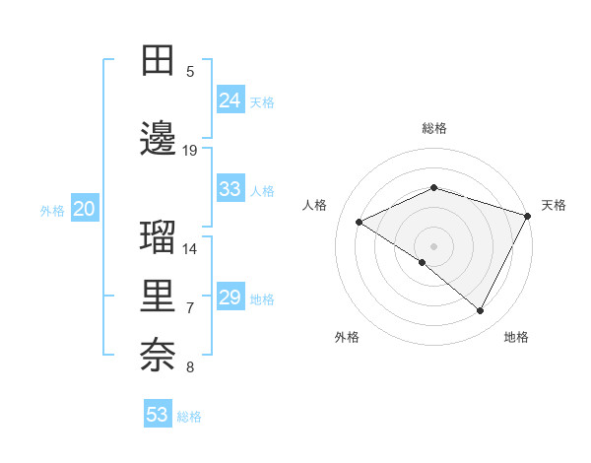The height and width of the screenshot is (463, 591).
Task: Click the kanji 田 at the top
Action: (159, 61)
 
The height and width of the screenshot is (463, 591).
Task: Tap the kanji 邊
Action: (159, 140)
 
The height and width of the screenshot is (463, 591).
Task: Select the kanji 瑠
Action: (159, 237)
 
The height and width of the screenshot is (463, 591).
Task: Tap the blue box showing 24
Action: (230, 100)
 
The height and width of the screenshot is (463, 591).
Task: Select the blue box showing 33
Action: (230, 189)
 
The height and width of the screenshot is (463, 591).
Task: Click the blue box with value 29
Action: (230, 298)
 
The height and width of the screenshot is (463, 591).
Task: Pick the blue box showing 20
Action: (85, 209)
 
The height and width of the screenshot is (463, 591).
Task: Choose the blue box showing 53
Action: (158, 415)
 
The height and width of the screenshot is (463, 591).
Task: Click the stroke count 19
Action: (190, 151)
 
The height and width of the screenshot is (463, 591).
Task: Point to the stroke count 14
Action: (190, 248)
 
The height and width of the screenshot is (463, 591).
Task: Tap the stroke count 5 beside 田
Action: (190, 72)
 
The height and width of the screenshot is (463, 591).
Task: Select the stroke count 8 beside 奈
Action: (190, 367)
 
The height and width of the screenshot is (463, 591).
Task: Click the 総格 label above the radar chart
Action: (433, 128)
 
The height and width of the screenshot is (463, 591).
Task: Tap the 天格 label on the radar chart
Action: (555, 205)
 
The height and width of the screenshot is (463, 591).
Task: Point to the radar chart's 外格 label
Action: (347, 337)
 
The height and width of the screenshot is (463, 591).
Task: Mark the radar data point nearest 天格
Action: (528, 215)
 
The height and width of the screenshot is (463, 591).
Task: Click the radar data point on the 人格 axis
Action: (360, 222)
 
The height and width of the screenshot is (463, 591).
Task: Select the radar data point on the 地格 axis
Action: (481, 310)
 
